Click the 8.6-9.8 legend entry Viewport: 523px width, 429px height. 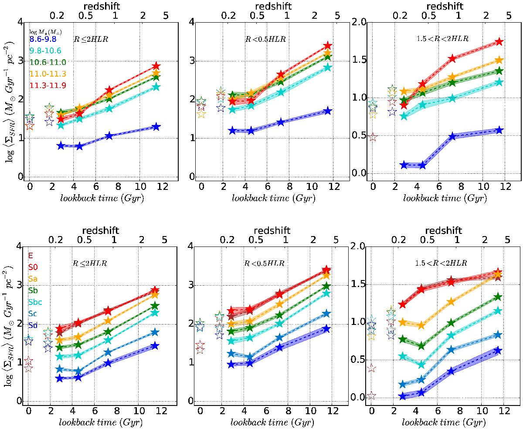[x=43, y=39]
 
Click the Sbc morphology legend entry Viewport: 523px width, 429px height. [x=36, y=302]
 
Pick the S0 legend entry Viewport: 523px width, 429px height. [x=32, y=267]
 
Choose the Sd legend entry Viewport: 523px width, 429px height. [x=32, y=325]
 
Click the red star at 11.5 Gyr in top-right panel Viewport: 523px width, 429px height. [x=499, y=42]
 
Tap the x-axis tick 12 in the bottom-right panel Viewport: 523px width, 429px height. [x=503, y=412]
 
